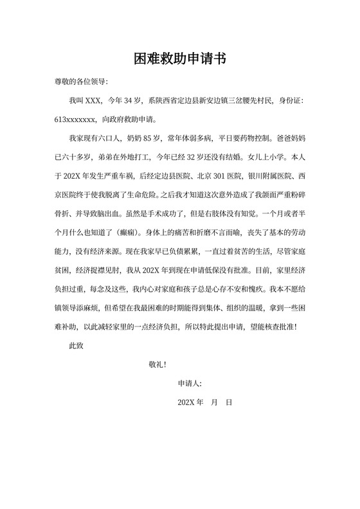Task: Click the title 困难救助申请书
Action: [x=179, y=58]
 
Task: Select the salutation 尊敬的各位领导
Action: [x=81, y=83]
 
